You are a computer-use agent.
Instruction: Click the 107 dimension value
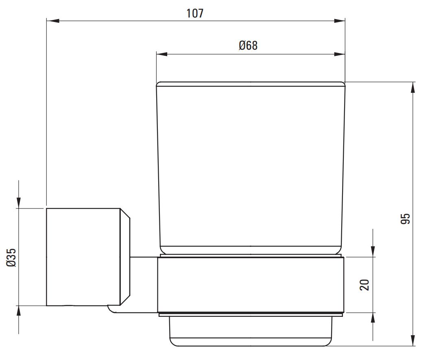(195, 13)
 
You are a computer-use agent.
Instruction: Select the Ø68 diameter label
(248, 46)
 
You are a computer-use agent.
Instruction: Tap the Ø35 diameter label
(11, 257)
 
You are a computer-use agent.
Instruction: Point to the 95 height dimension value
(405, 218)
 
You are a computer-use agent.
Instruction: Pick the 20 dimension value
(364, 285)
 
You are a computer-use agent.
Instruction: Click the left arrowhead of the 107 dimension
(52, 21)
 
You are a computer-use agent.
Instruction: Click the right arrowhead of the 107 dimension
(339, 21)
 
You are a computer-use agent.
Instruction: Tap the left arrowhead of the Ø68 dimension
(162, 54)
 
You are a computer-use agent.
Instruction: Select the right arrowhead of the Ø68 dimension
(339, 54)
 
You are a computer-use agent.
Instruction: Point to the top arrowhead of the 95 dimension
(412, 88)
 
